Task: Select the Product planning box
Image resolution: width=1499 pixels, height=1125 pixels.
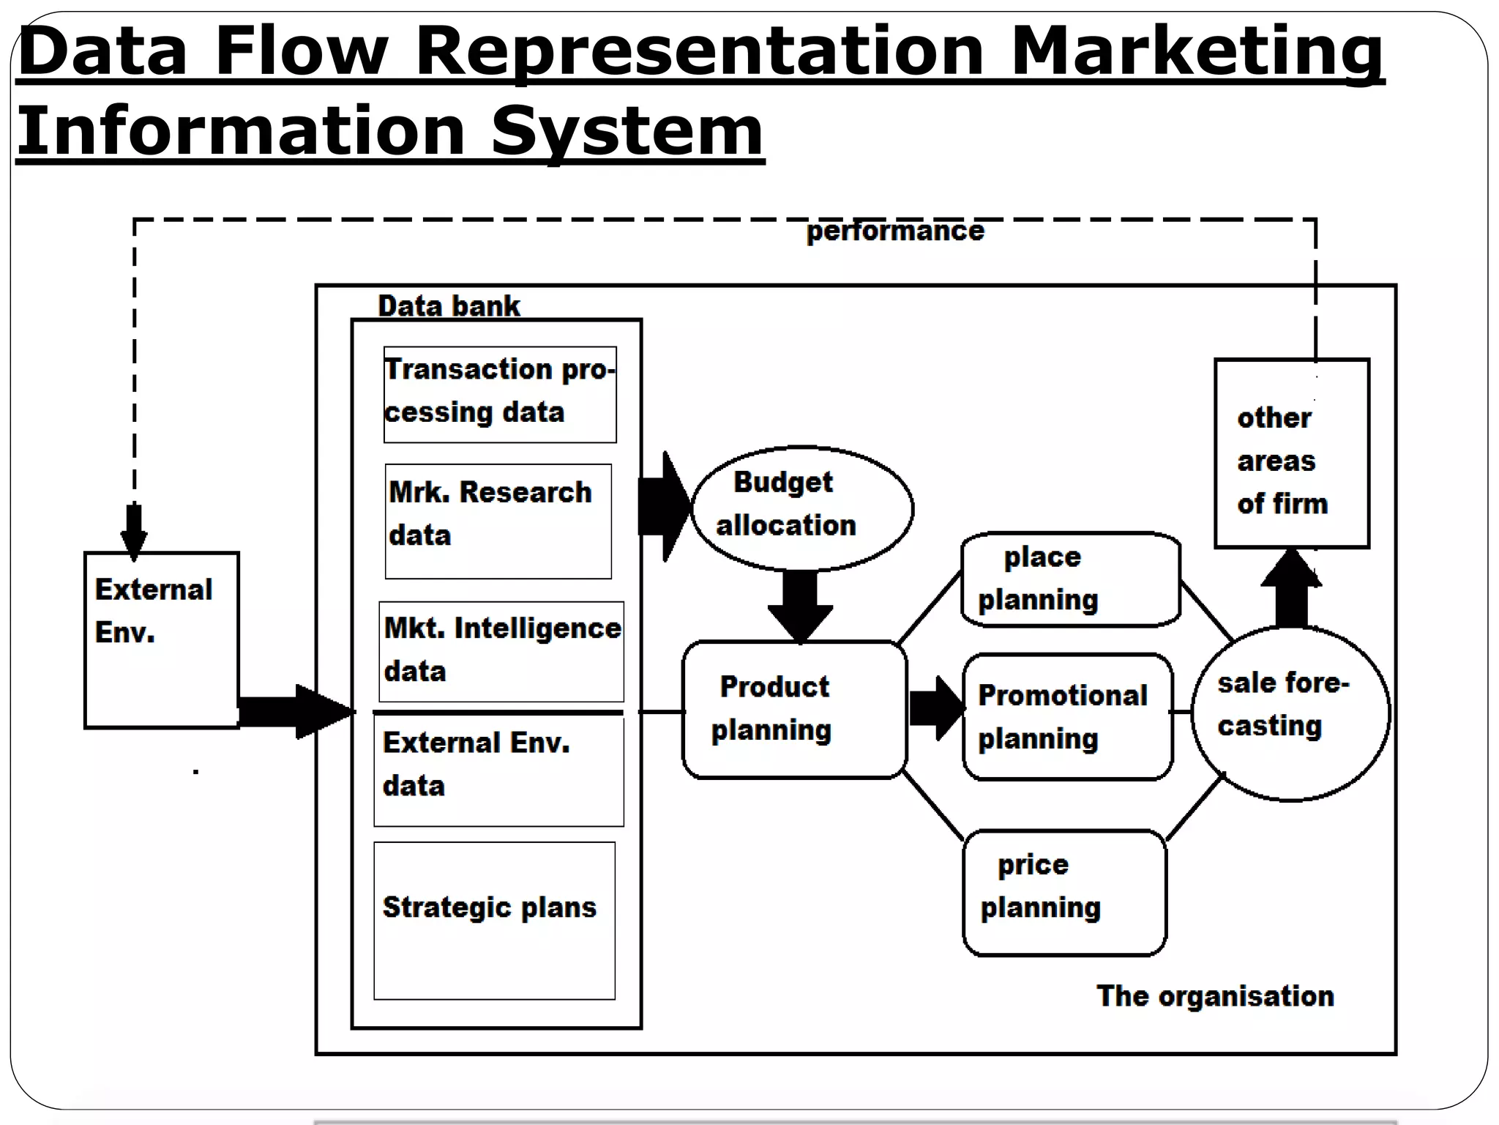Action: click(x=794, y=709)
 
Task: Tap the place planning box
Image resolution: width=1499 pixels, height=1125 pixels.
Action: click(x=1070, y=579)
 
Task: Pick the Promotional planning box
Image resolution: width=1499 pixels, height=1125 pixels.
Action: click(x=1067, y=716)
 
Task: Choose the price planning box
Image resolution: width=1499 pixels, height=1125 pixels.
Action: click(x=1064, y=891)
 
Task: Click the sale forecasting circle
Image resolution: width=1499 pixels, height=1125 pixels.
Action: click(x=1290, y=713)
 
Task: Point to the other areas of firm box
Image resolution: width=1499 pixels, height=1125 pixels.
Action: click(x=1291, y=453)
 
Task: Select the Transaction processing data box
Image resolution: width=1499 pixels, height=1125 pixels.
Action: click(x=500, y=394)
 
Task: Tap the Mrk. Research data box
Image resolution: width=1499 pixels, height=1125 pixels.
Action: click(x=498, y=521)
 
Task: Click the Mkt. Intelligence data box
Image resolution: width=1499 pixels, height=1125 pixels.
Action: click(x=501, y=651)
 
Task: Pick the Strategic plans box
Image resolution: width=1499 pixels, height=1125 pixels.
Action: click(x=494, y=920)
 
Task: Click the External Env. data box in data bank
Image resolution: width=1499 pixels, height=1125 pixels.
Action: click(x=498, y=770)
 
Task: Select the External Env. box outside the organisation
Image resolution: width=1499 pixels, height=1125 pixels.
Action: click(x=162, y=639)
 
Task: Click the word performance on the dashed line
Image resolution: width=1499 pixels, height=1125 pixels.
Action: click(x=894, y=231)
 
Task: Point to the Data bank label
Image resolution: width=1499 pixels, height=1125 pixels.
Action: click(x=448, y=306)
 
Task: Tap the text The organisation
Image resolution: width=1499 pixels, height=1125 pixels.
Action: click(x=1214, y=996)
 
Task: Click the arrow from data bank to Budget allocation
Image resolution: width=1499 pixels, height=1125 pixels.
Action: click(x=663, y=506)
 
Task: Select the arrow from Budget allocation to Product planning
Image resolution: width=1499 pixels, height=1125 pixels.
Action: click(x=800, y=604)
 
